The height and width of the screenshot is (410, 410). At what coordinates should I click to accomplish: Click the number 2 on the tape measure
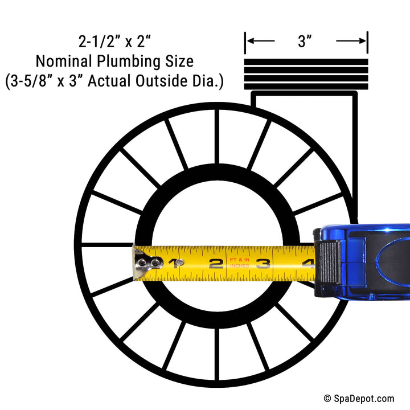[216, 264]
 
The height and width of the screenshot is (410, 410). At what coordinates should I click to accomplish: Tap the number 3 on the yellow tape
[263, 264]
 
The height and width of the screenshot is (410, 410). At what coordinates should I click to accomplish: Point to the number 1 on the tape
[174, 264]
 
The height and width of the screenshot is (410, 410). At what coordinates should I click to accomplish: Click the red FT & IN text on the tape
[240, 260]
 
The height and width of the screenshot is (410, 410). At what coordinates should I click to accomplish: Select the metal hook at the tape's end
[146, 263]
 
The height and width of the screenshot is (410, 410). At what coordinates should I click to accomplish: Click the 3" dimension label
[305, 41]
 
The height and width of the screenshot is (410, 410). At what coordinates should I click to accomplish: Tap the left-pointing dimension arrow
[261, 41]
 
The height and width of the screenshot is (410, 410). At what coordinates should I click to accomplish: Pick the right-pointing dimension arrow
[351, 41]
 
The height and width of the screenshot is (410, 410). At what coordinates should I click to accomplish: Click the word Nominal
[64, 61]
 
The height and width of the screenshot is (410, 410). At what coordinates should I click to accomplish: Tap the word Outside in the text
[162, 80]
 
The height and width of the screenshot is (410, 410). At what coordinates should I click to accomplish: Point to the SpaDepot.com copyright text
[359, 399]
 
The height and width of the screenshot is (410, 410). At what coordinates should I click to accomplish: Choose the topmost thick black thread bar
[306, 62]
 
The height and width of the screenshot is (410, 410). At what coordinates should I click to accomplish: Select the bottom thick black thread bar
[306, 87]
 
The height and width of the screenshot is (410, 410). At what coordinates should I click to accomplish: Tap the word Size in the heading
[179, 61]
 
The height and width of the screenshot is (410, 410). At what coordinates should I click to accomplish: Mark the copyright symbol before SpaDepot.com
[327, 399]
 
